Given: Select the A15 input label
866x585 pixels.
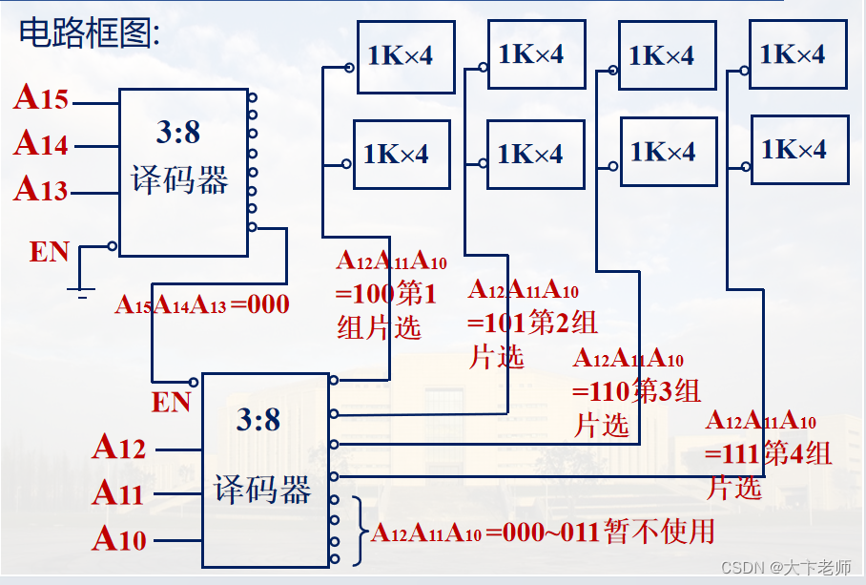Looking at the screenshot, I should coord(41,98).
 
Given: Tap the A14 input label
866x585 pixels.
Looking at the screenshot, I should coord(41,144).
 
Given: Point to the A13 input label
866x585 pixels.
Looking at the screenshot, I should coord(41,190).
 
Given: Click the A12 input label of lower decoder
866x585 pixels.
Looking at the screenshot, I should coord(119,448).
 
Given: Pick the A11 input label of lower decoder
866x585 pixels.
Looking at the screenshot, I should coord(119,493).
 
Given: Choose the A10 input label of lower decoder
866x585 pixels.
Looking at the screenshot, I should coord(119,539).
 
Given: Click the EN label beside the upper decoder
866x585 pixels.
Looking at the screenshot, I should coord(50,252).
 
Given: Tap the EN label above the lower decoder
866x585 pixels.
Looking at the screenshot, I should coord(172,403).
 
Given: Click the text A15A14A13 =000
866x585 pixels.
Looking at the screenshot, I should coord(201,305).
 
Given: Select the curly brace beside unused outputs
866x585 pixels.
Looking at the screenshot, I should coord(361,531).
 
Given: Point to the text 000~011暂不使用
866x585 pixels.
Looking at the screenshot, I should coord(601,532).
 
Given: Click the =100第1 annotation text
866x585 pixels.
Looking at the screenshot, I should coord(386,294).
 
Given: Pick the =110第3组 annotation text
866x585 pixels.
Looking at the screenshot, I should coord(636,391).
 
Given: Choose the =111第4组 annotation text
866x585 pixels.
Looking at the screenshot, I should coord(769,453).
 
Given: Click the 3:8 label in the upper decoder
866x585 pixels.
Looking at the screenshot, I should coord(178,133).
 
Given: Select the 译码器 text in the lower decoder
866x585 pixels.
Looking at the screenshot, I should coord(262,491).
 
